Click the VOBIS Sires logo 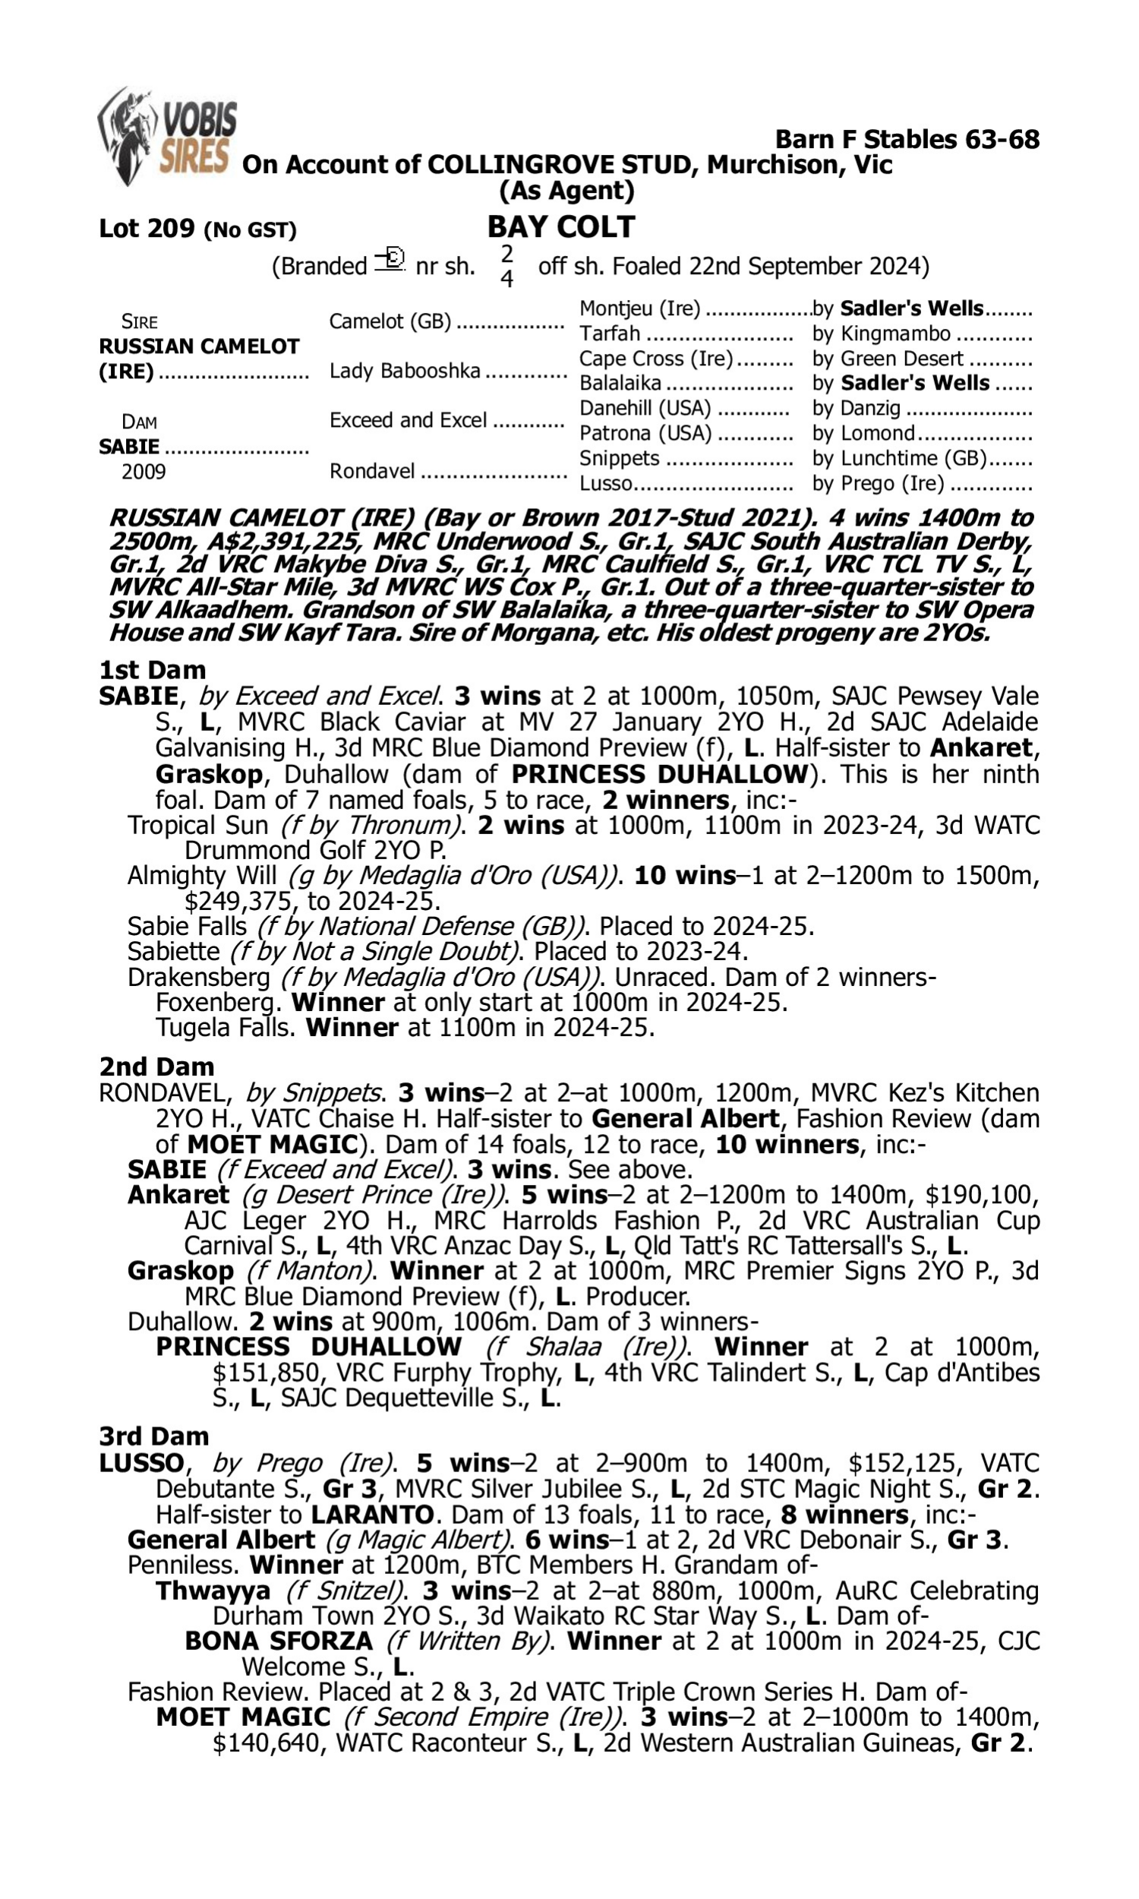166,136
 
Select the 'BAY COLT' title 561,227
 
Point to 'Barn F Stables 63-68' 907,140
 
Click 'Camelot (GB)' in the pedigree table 390,321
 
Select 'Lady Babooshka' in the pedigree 405,371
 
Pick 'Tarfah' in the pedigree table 610,334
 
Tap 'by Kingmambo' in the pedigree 882,334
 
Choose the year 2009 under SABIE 144,472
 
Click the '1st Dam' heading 152,670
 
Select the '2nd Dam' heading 156,1067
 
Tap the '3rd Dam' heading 153,1436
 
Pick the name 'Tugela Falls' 223,1028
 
